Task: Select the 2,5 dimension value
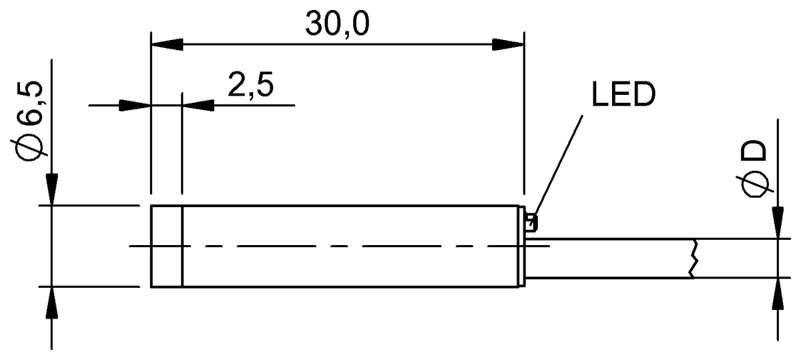(250, 86)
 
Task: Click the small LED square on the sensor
(531, 222)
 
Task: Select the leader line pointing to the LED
(559, 164)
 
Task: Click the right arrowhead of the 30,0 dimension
(509, 45)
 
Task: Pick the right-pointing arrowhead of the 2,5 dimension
(133, 106)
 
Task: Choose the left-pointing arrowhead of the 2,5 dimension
(197, 106)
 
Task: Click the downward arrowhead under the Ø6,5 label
(51, 190)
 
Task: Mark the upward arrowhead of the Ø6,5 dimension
(51, 302)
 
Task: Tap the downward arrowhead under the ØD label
(778, 223)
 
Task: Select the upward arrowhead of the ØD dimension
(778, 292)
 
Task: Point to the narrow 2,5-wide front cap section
(166, 246)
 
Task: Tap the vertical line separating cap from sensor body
(182, 246)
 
